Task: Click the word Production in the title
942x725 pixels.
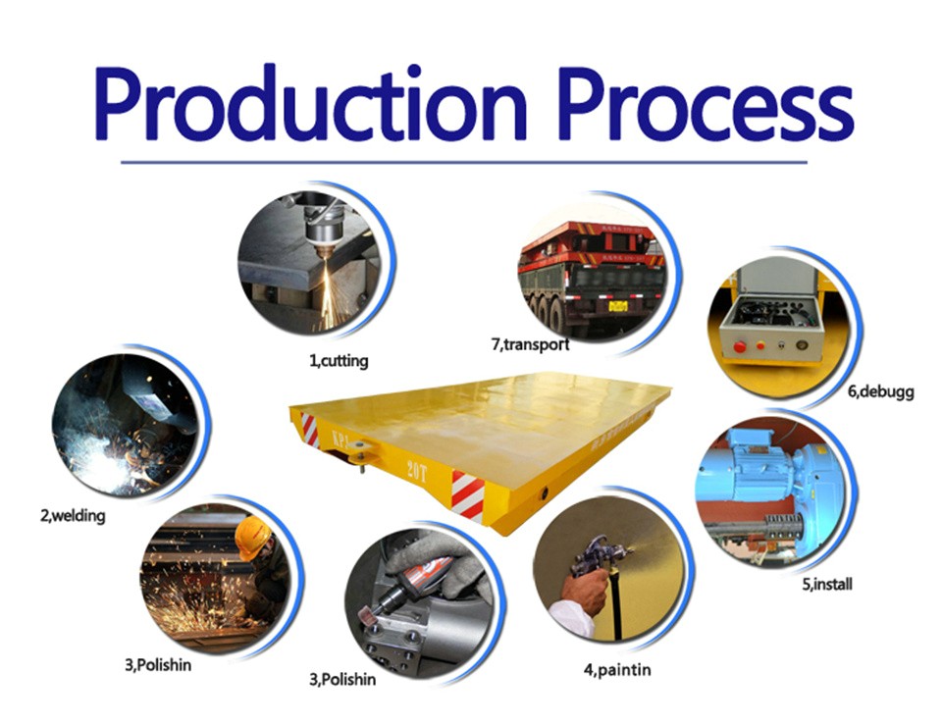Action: (x=310, y=103)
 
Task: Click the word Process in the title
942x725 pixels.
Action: (x=706, y=103)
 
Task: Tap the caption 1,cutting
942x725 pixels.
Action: (x=339, y=361)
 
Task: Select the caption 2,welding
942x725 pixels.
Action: (x=73, y=516)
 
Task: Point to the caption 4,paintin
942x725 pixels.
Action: (x=617, y=670)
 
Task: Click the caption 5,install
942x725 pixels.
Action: (x=826, y=584)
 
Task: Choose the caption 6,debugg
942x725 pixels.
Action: (x=881, y=392)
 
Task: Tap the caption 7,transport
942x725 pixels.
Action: (x=530, y=344)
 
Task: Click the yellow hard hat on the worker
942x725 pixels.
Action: (x=252, y=537)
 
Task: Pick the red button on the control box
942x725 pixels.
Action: (x=740, y=346)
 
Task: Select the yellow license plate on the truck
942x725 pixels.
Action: (x=617, y=306)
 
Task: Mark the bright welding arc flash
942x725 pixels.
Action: (x=110, y=451)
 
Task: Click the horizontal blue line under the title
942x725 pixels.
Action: (x=464, y=162)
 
